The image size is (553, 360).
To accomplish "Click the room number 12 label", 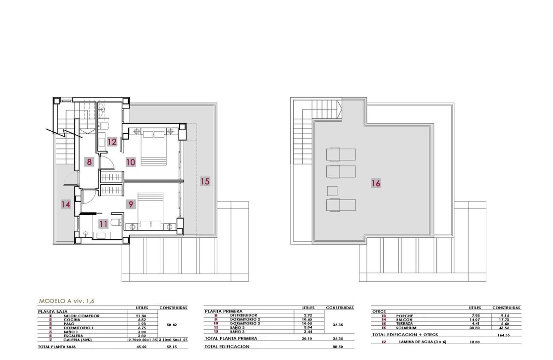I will (x=112, y=141).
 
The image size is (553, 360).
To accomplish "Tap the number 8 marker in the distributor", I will (x=89, y=162).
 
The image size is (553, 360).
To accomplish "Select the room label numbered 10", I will (x=130, y=162).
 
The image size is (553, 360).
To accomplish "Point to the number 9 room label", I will (x=131, y=204).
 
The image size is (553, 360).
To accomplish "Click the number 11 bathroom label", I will (x=103, y=223).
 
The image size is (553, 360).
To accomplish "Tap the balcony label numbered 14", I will (x=65, y=204).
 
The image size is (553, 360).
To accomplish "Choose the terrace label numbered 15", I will (x=205, y=181).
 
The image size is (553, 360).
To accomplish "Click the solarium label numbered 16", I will (x=376, y=183).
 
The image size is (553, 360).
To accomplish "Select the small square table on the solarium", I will (x=332, y=191).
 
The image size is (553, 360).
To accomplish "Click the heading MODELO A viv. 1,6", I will (x=69, y=301).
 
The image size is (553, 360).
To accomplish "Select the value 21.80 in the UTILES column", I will (x=141, y=316).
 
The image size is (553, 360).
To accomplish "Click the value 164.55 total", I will (x=506, y=335).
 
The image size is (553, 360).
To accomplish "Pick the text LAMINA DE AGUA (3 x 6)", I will (x=420, y=342).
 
